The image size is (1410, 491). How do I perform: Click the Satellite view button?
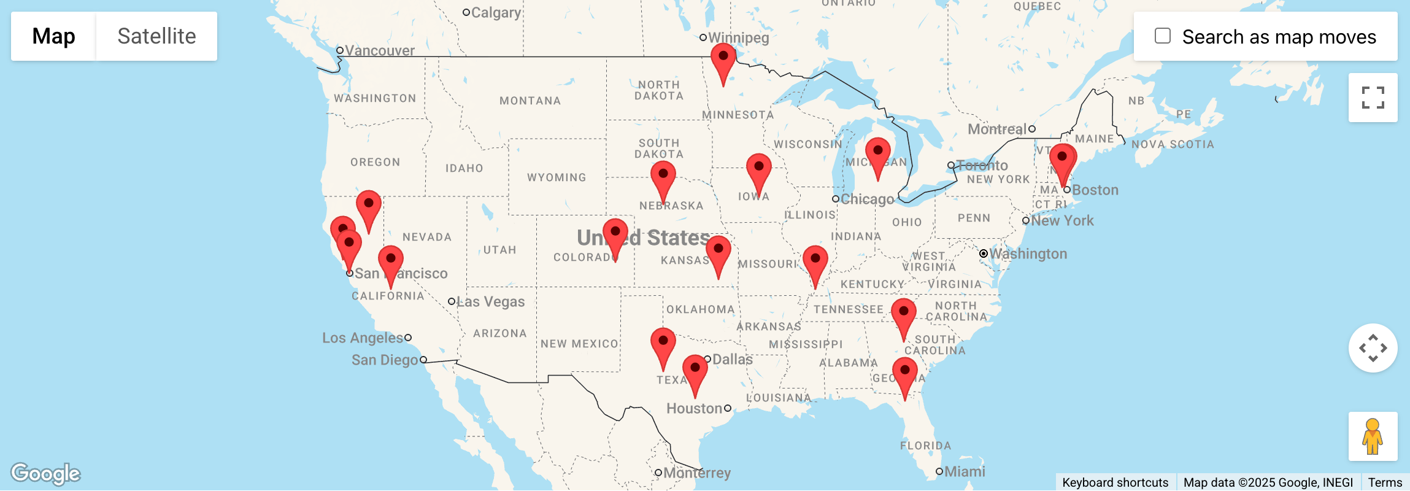coord(156,36)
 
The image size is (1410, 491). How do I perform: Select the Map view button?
coord(53,36)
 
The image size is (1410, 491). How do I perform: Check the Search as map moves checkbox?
coord(1162,36)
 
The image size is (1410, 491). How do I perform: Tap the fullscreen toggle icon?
coord(1373,98)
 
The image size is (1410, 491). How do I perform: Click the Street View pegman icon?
coord(1373,436)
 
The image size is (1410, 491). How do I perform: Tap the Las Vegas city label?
coord(490,301)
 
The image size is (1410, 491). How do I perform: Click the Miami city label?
coord(964,471)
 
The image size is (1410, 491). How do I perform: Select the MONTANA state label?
coord(530,101)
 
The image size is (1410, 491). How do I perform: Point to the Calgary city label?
coord(496,12)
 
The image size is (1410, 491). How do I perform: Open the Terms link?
coord(1384,482)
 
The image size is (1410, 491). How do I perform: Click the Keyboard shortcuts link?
coord(1115,482)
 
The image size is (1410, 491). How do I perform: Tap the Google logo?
coord(46,473)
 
